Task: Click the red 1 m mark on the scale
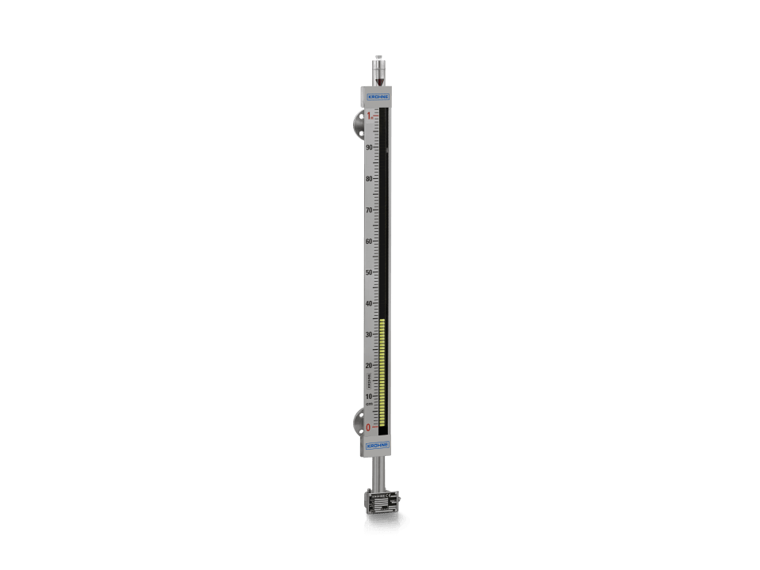pyautogui.click(x=369, y=116)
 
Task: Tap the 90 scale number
pyautogui.click(x=369, y=147)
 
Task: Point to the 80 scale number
pyautogui.click(x=369, y=179)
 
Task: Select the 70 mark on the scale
pyautogui.click(x=369, y=210)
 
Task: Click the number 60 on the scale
pyautogui.click(x=369, y=241)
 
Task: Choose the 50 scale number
pyautogui.click(x=369, y=272)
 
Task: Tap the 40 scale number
pyautogui.click(x=369, y=303)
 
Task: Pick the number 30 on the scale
pyautogui.click(x=369, y=335)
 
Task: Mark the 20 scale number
pyautogui.click(x=369, y=366)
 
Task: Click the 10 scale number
pyautogui.click(x=369, y=397)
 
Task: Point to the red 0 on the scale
pyautogui.click(x=368, y=427)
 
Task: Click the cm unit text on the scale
pyautogui.click(x=369, y=404)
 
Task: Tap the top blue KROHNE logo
pyautogui.click(x=378, y=97)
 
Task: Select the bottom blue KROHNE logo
pyautogui.click(x=378, y=446)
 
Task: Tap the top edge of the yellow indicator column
pyautogui.click(x=382, y=321)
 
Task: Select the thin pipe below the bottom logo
pyautogui.click(x=378, y=473)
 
